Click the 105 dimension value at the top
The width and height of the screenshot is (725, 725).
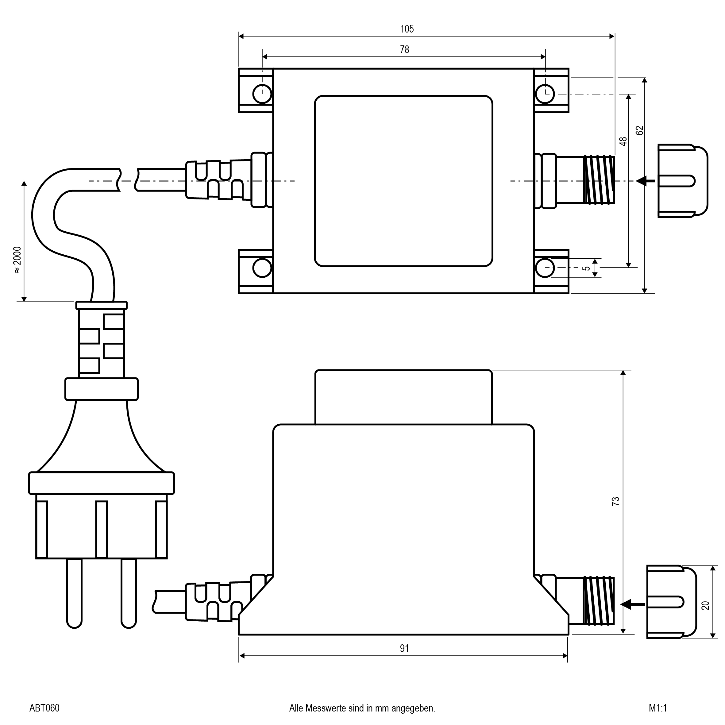tap(407, 29)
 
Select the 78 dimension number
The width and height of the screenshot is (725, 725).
tap(404, 49)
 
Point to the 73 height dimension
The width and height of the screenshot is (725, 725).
tap(615, 501)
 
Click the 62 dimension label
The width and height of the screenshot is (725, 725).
tap(640, 130)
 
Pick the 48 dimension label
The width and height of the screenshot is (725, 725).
tap(623, 141)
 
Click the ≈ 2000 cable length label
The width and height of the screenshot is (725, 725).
tap(17, 260)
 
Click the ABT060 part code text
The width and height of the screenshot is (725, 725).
tap(44, 708)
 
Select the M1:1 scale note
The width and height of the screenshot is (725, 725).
tap(658, 708)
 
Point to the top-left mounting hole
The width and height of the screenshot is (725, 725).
tap(262, 94)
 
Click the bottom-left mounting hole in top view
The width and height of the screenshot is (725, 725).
tap(262, 268)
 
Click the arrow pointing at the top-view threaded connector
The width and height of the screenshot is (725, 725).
tap(646, 181)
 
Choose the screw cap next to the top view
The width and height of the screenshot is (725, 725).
tap(682, 181)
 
